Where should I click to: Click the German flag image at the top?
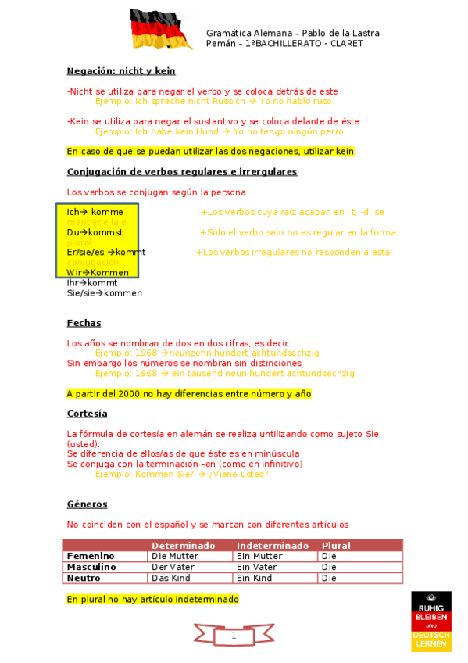coord(155,29)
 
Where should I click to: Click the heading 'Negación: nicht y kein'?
coord(121,71)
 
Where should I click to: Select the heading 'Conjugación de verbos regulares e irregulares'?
coord(182,172)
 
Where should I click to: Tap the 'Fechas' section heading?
coord(84,323)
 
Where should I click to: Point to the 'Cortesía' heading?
coord(88,414)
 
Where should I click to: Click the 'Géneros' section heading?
coord(88,504)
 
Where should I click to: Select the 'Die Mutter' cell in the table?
coord(173,557)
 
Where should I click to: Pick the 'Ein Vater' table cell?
coord(257,568)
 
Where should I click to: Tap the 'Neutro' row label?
coord(84,579)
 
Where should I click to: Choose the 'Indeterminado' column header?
coord(273,546)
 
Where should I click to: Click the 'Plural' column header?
coord(336,546)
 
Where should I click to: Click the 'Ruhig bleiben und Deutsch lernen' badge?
coord(431,622)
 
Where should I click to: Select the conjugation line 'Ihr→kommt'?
coord(92,283)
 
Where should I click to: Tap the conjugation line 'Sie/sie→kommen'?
coord(105,293)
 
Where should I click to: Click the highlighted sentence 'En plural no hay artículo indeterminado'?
coord(153,600)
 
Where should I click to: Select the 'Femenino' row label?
coord(91,557)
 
